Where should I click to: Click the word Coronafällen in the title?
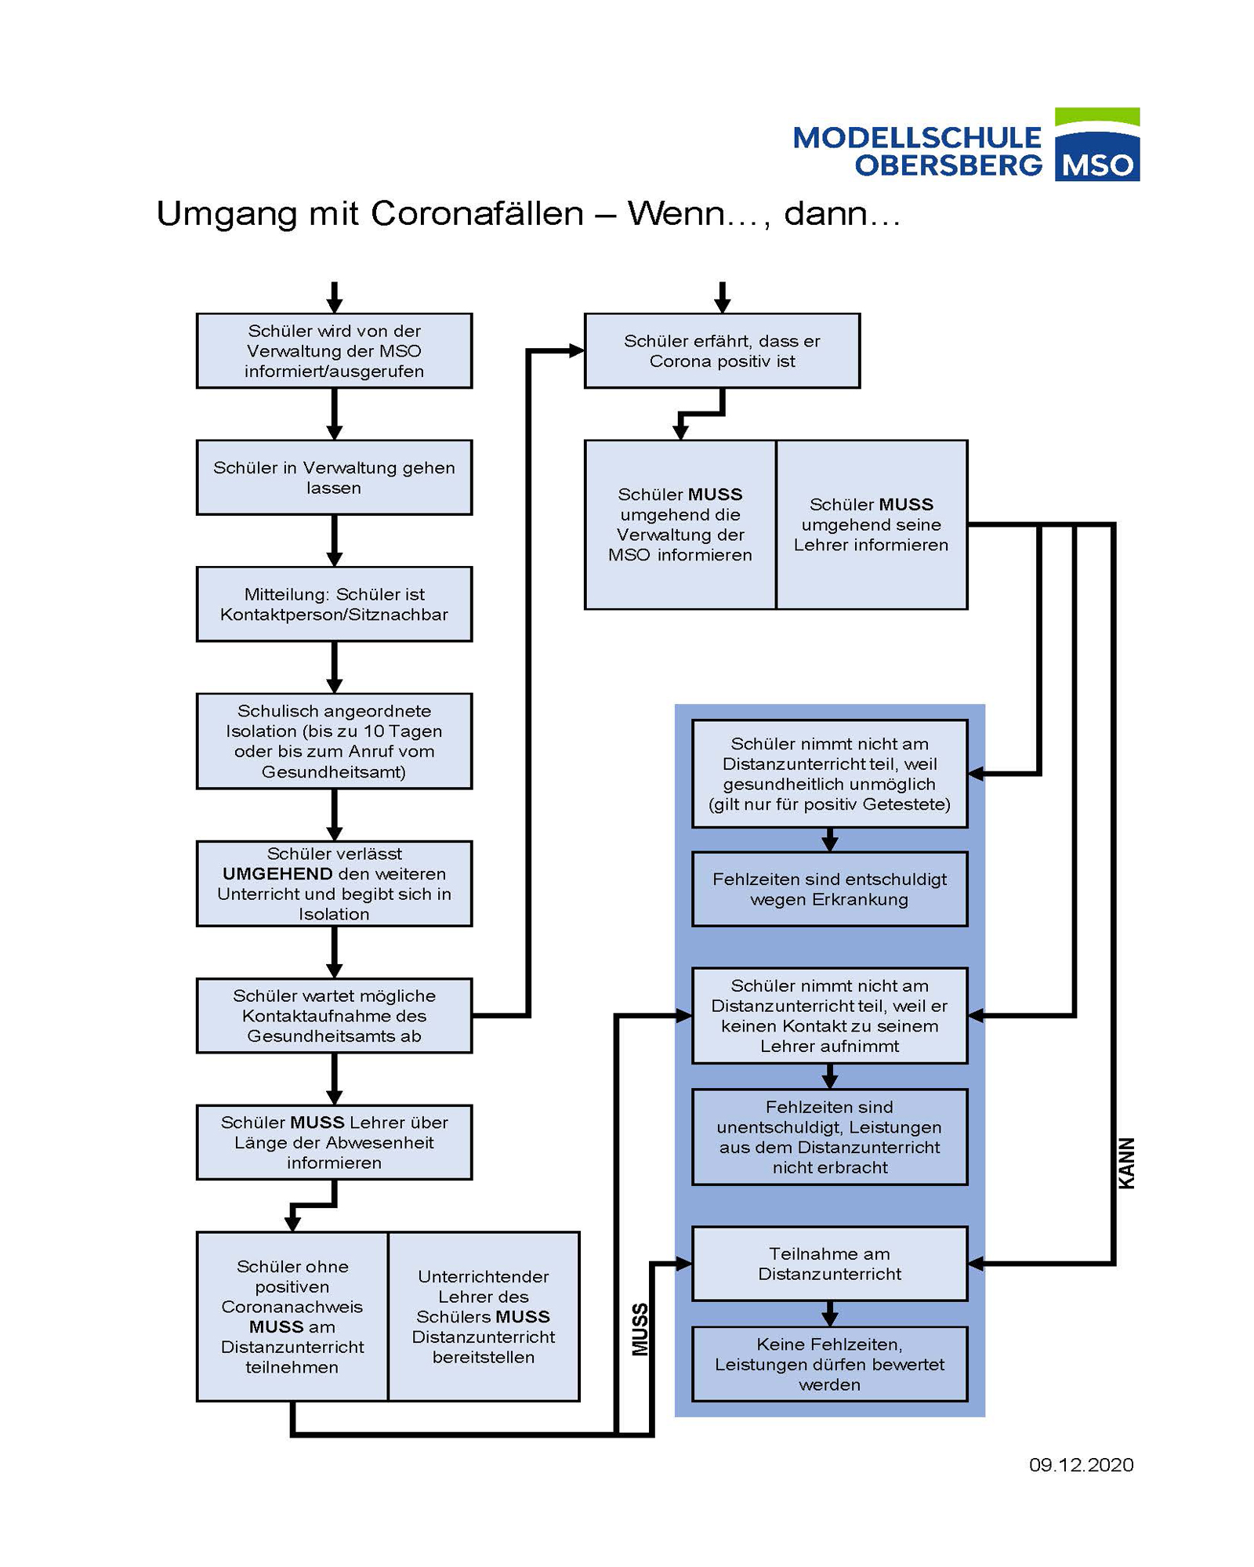pyautogui.click(x=477, y=214)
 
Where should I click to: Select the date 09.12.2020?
pyautogui.click(x=1081, y=1464)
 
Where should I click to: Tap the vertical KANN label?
pyautogui.click(x=1126, y=1163)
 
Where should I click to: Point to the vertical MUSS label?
pyautogui.click(x=640, y=1329)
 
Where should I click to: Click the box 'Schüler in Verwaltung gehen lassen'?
pyautogui.click(x=334, y=477)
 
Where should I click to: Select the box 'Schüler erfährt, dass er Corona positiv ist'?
pyautogui.click(x=722, y=351)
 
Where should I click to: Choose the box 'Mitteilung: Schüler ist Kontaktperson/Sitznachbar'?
pyautogui.click(x=334, y=604)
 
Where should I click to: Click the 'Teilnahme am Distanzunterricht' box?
pyautogui.click(x=829, y=1264)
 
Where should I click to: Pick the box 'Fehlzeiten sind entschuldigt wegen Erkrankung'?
pyautogui.click(x=829, y=889)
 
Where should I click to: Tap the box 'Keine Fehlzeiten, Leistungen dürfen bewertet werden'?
pyautogui.click(x=829, y=1364)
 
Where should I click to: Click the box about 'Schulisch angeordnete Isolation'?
pyautogui.click(x=334, y=741)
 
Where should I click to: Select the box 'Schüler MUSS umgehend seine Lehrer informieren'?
pyautogui.click(x=872, y=524)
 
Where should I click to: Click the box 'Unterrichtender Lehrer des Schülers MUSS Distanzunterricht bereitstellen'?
pyautogui.click(x=484, y=1316)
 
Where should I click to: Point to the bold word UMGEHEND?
pyautogui.click(x=277, y=874)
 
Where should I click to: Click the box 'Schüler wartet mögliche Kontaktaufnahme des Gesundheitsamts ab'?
pyautogui.click(x=334, y=1015)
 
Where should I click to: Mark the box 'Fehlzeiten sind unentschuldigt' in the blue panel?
pyautogui.click(x=829, y=1137)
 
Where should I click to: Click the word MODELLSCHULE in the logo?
pyautogui.click(x=916, y=138)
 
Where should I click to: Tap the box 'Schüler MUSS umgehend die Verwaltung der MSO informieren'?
pyautogui.click(x=680, y=524)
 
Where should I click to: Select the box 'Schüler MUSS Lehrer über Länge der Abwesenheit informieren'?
pyautogui.click(x=334, y=1142)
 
